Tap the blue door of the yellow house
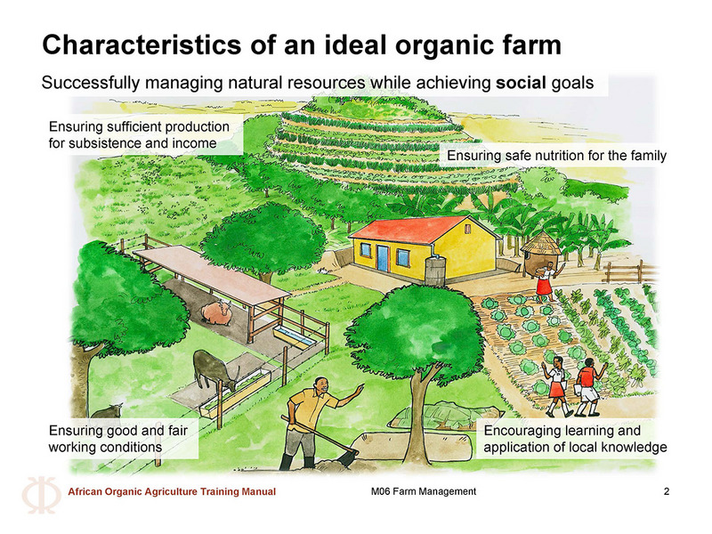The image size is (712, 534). click(383, 258)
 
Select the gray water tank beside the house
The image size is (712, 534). click(435, 271)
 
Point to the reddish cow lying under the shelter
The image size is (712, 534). click(216, 313)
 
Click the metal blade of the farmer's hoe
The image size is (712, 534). click(349, 456)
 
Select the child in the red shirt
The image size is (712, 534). click(588, 387)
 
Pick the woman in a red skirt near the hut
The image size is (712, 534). click(546, 281)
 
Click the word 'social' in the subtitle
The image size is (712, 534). click(521, 83)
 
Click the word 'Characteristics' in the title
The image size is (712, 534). click(142, 45)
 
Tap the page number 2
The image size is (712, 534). click(666, 491)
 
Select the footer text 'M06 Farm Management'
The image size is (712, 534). click(424, 491)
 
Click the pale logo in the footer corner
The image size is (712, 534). click(41, 495)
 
